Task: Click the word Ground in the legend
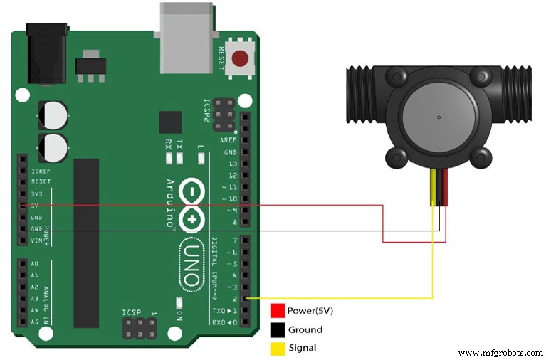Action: pyautogui.click(x=305, y=329)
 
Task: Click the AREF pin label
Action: pyautogui.click(x=229, y=140)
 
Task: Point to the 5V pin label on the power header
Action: pyautogui.click(x=35, y=205)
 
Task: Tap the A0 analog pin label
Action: pyautogui.click(x=35, y=264)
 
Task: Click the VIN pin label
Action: pyautogui.click(x=36, y=240)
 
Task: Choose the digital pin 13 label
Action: pyautogui.click(x=232, y=164)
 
